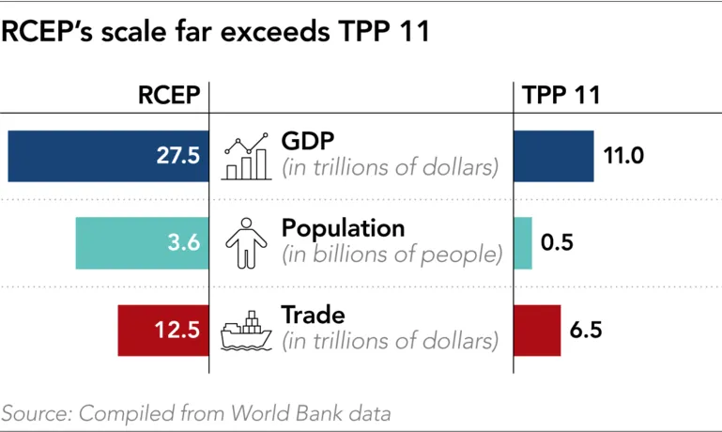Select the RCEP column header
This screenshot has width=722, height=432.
click(x=169, y=95)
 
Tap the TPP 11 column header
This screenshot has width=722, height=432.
click(x=561, y=95)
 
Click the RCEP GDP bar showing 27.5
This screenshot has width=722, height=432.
click(x=108, y=156)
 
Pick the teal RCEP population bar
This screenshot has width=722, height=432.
click(x=142, y=243)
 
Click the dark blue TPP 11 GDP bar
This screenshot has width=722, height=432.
click(x=554, y=156)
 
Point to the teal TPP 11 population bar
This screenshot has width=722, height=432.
click(x=523, y=243)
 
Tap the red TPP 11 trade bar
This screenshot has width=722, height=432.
click(x=537, y=331)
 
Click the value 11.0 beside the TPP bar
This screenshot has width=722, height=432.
click(x=622, y=156)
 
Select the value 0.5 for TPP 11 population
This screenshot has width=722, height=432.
click(x=557, y=243)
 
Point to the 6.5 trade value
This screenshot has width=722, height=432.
click(x=585, y=331)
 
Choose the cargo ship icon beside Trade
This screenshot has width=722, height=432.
click(x=246, y=331)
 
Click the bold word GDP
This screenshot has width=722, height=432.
click(x=308, y=141)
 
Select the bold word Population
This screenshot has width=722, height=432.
click(x=343, y=228)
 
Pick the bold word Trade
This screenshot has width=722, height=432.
click(x=314, y=316)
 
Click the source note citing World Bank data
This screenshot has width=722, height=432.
click(x=195, y=412)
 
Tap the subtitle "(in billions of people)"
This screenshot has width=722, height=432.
click(x=392, y=255)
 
